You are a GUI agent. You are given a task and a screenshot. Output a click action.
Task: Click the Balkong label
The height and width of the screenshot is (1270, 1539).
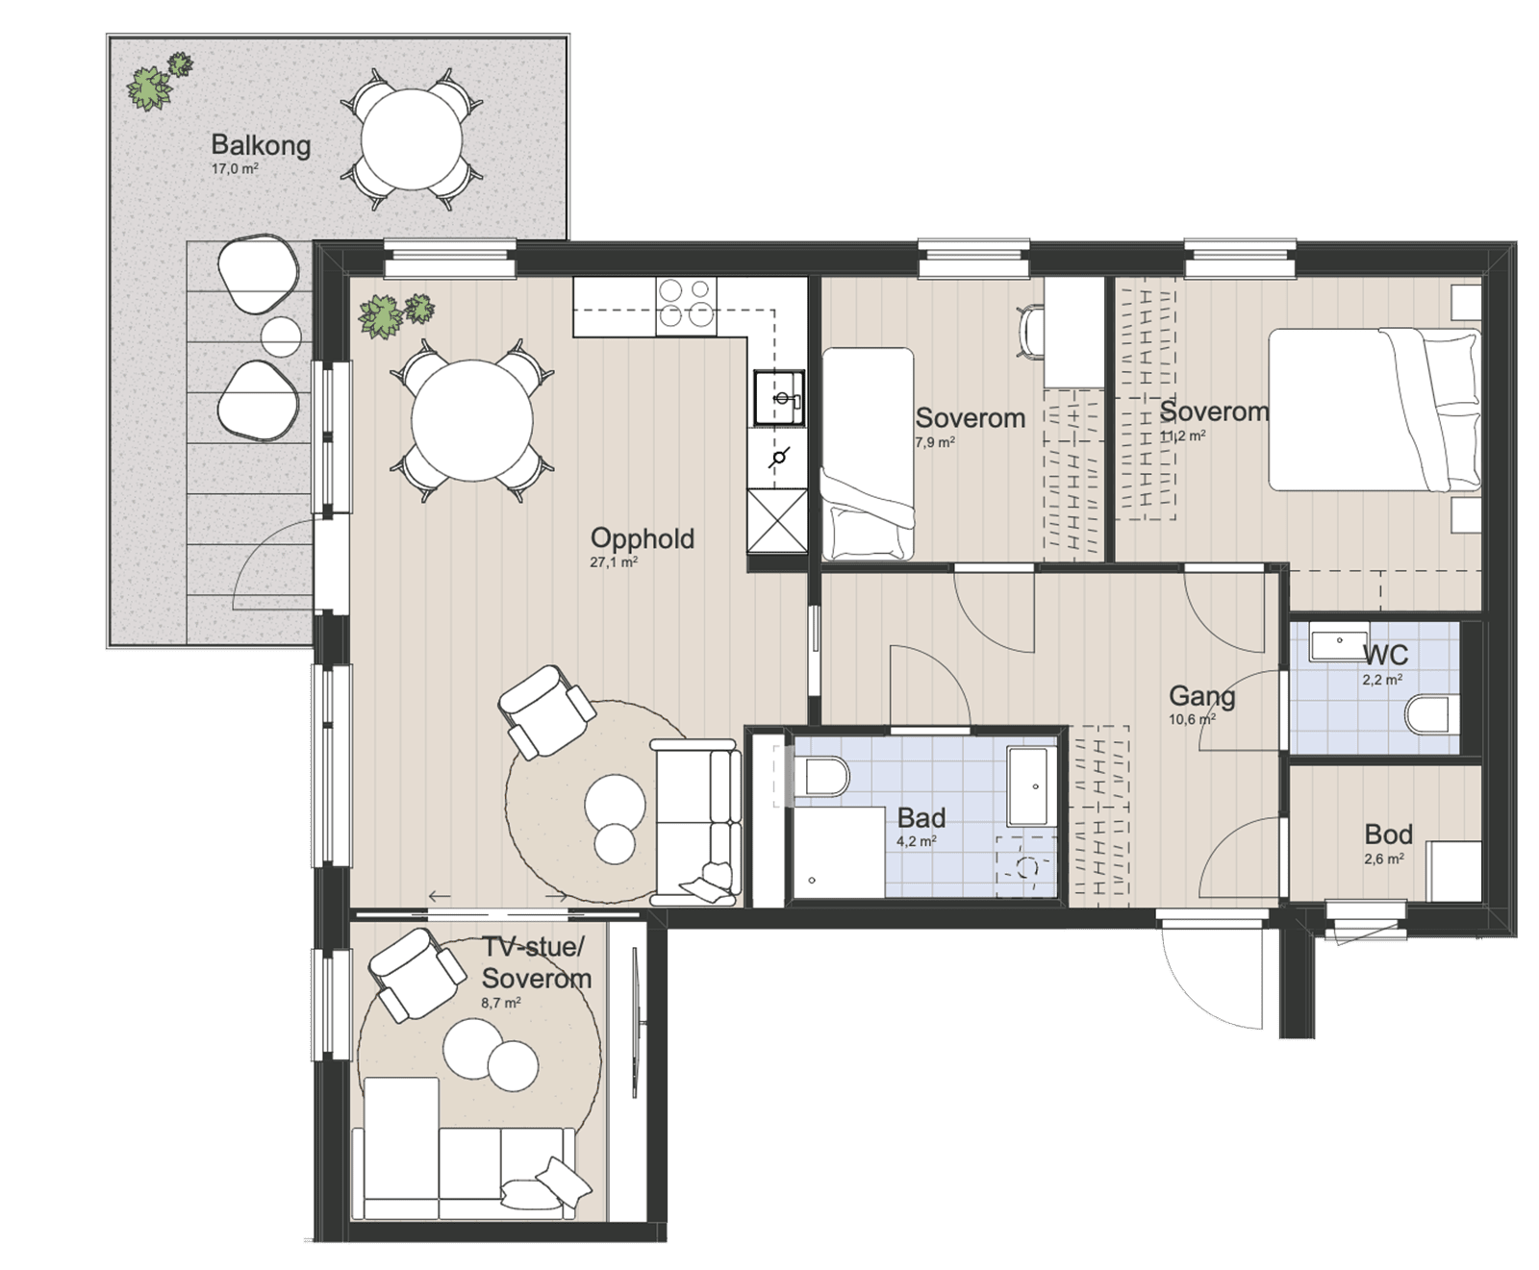pyautogui.click(x=261, y=145)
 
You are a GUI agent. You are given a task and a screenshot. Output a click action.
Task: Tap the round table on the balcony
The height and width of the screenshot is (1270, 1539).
pyautogui.click(x=412, y=140)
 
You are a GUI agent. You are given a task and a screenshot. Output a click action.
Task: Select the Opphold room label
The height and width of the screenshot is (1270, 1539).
pyautogui.click(x=642, y=538)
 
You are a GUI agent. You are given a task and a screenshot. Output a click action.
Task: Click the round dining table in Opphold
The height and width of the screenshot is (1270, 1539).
pyautogui.click(x=472, y=421)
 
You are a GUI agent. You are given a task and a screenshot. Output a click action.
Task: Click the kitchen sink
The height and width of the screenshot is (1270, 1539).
pyautogui.click(x=778, y=398)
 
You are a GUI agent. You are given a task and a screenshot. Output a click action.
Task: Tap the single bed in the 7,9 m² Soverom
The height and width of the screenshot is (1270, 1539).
pyautogui.click(x=867, y=454)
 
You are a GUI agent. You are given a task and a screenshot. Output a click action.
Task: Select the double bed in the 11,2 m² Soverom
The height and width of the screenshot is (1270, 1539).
pyautogui.click(x=1375, y=410)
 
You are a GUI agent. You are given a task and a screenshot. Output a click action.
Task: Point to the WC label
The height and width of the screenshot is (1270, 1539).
pyautogui.click(x=1386, y=656)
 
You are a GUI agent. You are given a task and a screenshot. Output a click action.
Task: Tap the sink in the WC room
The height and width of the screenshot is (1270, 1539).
pyautogui.click(x=1339, y=644)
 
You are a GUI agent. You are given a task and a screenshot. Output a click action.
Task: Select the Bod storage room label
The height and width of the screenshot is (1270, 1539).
pyautogui.click(x=1388, y=834)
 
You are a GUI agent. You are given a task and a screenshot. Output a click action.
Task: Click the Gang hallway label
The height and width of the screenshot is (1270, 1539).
pyautogui.click(x=1201, y=696)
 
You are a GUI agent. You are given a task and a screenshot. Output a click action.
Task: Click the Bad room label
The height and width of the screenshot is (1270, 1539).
pyautogui.click(x=921, y=818)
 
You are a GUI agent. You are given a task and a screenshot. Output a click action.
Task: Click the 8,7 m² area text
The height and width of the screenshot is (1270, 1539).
pyautogui.click(x=501, y=1003)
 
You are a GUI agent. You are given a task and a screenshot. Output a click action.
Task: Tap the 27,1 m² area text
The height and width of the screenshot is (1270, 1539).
pyautogui.click(x=614, y=562)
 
